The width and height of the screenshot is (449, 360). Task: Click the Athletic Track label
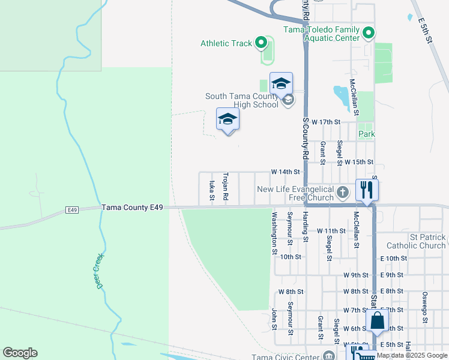(x=226, y=43)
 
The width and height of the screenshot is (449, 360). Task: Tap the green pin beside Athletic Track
(x=261, y=43)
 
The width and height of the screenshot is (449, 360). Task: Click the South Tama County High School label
(x=242, y=100)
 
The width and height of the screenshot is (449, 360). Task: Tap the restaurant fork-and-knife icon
(x=366, y=190)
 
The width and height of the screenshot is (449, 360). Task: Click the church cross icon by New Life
(x=342, y=193)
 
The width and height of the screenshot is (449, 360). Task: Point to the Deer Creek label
(x=100, y=271)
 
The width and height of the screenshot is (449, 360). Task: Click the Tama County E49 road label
(x=132, y=208)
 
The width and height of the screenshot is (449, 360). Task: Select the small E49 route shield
(x=72, y=210)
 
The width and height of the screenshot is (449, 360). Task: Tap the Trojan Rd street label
(x=226, y=187)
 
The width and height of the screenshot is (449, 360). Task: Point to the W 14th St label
(x=285, y=172)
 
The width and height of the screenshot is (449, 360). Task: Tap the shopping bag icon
(x=378, y=321)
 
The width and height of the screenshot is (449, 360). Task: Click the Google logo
(x=20, y=353)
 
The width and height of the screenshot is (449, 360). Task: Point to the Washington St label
(x=274, y=233)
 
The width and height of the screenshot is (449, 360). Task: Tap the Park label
(x=366, y=134)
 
